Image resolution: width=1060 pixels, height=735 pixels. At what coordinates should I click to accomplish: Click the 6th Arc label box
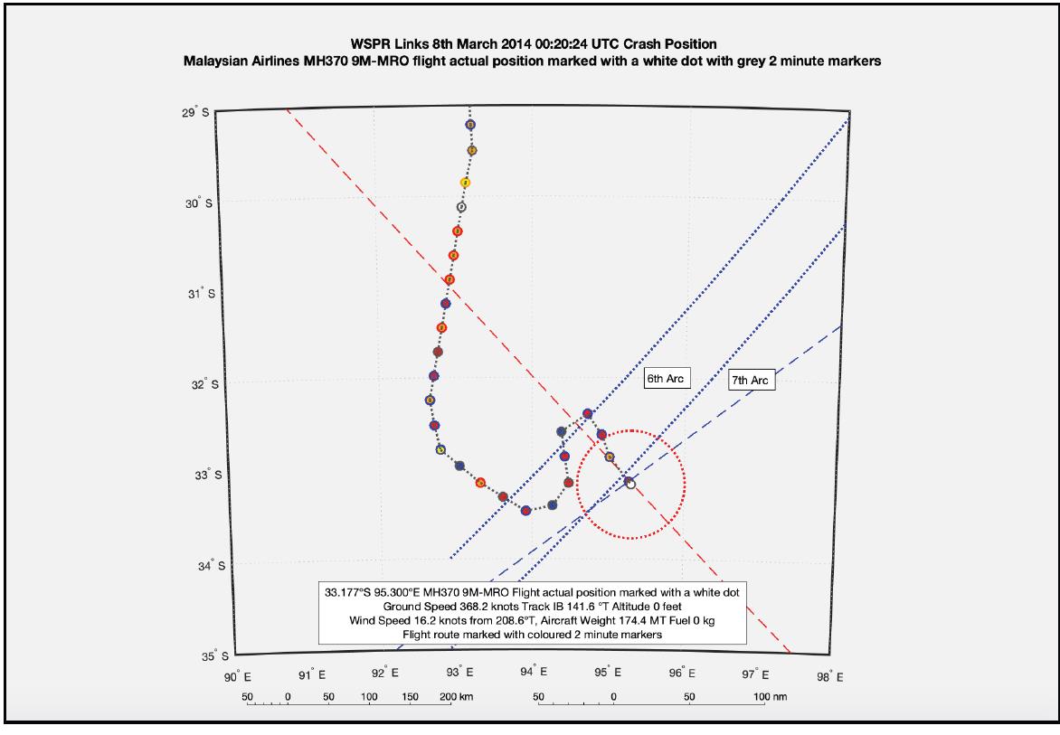click(x=665, y=379)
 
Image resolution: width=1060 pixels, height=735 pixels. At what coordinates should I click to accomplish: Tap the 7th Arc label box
click(x=751, y=382)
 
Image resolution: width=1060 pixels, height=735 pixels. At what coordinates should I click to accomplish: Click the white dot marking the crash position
click(x=630, y=485)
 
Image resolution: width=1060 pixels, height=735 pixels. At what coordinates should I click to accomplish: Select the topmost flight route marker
click(x=469, y=125)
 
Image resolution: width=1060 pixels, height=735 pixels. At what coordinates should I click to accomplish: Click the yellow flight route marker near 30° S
click(x=465, y=183)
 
